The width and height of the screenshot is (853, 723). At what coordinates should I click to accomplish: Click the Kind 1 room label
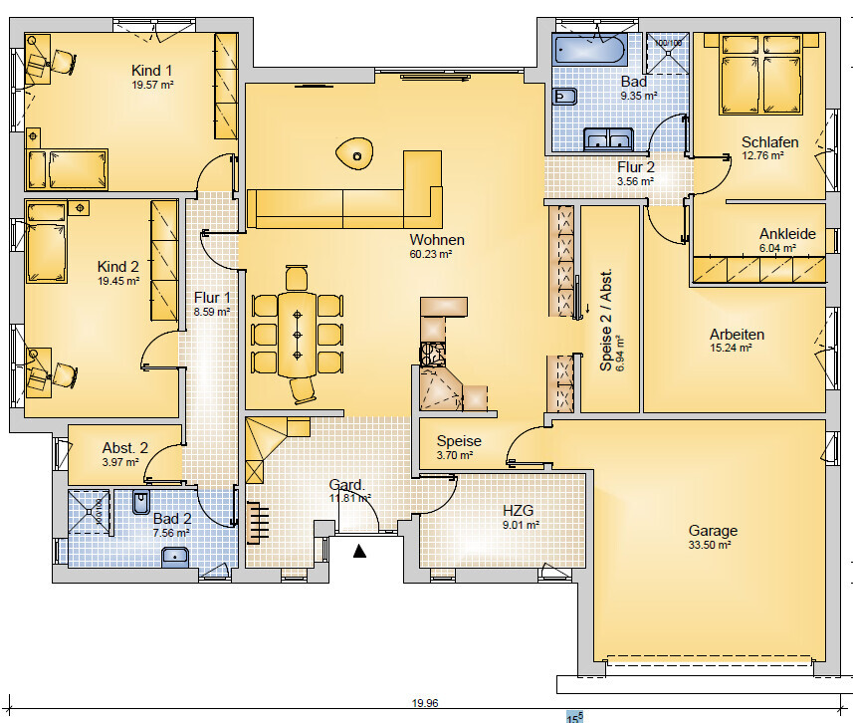point(151,71)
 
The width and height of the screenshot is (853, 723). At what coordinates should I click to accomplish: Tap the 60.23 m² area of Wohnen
point(431,254)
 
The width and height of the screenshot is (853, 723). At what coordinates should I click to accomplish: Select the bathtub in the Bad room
point(589,49)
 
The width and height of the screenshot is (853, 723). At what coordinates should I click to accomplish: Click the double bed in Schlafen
point(761,74)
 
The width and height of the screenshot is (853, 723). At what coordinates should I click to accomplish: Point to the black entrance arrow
point(359,551)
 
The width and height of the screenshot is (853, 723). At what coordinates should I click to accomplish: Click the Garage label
point(713,530)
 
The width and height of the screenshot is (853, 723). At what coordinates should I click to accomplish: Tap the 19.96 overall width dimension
point(425,703)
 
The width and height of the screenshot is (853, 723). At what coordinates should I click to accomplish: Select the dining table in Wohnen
point(297,335)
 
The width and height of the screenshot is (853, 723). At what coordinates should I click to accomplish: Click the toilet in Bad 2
point(141,503)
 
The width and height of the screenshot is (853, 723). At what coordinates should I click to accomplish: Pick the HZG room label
point(518,511)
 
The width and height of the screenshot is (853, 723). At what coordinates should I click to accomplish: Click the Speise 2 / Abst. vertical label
point(605,320)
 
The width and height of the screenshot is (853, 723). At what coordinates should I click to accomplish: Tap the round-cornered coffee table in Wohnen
point(354,153)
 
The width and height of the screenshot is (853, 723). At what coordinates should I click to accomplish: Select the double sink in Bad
point(608,139)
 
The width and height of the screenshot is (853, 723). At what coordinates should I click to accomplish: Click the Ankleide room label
point(787,234)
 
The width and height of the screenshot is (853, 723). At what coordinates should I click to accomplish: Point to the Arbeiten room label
point(738,334)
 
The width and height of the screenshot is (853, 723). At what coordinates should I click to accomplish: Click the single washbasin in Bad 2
point(175,558)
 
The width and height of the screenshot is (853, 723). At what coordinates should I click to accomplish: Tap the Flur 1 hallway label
point(212,297)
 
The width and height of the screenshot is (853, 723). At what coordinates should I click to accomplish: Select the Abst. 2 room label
point(125,447)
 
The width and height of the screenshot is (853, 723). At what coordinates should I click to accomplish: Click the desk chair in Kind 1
point(64,61)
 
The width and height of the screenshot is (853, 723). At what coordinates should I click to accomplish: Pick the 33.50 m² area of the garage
point(710,545)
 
